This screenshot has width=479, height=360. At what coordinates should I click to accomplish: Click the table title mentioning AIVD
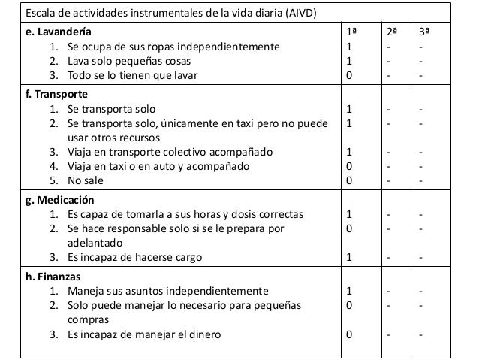point(161,14)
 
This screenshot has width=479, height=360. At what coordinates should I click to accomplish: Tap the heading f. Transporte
point(56,95)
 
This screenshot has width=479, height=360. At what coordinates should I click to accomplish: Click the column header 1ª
point(351,32)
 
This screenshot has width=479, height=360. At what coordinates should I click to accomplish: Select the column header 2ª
point(392,32)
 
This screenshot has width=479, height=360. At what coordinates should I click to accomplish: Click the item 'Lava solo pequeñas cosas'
point(128,61)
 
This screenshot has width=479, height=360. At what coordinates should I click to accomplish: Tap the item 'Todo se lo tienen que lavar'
point(133,75)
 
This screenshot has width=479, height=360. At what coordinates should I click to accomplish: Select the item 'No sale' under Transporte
point(87,180)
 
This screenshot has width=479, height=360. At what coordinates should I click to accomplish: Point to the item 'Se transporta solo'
point(112,110)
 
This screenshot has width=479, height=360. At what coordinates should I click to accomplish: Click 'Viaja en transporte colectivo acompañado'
point(170,153)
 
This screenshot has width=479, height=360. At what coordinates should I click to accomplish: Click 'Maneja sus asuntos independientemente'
point(166,291)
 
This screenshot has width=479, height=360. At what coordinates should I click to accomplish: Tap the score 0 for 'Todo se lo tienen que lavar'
point(349,75)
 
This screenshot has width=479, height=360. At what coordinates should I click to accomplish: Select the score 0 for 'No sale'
point(349,180)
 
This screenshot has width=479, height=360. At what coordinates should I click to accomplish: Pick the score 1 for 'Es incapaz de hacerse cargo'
point(349,258)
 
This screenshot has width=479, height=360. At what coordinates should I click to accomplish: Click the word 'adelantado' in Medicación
point(95,244)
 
